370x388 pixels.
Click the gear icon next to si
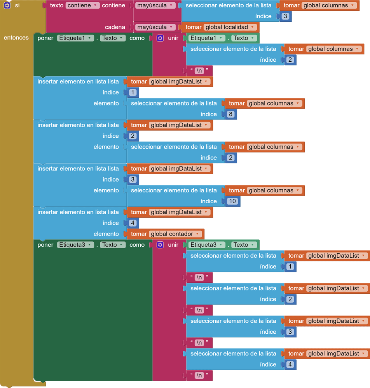coord(7,5)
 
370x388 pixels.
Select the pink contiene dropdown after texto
coord(82,5)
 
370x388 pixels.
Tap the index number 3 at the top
coord(286,16)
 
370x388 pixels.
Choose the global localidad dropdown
coord(230,27)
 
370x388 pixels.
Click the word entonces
coord(16,38)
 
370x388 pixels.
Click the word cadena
coord(115,27)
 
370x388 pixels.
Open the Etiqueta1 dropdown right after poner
coord(75,38)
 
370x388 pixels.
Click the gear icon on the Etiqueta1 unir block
coord(160,38)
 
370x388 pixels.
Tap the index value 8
coord(231,114)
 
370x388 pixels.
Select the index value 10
coord(232,201)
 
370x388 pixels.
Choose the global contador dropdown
coord(176,234)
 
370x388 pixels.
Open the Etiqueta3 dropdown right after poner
coord(75,245)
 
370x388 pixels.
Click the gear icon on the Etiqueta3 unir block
coord(160,245)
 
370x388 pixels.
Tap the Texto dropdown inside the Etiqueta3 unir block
coord(244,245)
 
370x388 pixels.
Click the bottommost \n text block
coord(199,375)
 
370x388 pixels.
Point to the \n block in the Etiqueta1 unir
coord(199,71)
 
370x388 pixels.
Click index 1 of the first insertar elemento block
coord(133,92)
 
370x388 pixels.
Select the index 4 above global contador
coord(133,223)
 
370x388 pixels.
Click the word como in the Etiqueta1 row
coord(137,38)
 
